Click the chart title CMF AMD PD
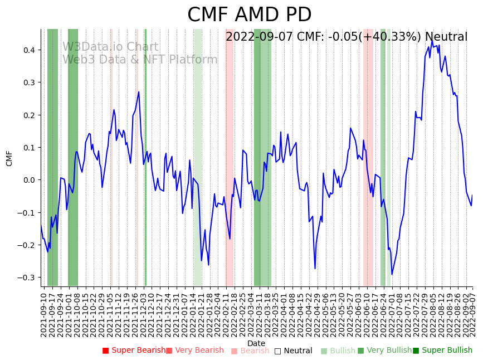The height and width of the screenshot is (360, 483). coord(249,15)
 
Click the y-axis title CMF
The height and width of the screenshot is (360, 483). coord(9,158)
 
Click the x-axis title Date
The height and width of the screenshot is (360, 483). coord(256,343)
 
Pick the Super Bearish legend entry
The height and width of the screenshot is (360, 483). coord(134,351)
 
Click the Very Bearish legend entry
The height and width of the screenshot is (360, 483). coord(194,351)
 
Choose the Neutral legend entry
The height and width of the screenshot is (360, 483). coord(293,351)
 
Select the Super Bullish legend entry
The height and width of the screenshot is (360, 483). coord(442,351)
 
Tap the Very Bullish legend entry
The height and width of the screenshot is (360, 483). coord(384,351)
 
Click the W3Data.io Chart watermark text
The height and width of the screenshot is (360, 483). coord(110,47)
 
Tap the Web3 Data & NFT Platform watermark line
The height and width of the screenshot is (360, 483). coord(140,60)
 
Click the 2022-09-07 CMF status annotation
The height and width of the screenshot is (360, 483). coord(347,37)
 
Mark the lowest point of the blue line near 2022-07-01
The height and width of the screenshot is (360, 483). coord(392,274)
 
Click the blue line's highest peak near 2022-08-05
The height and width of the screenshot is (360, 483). coord(431,40)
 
